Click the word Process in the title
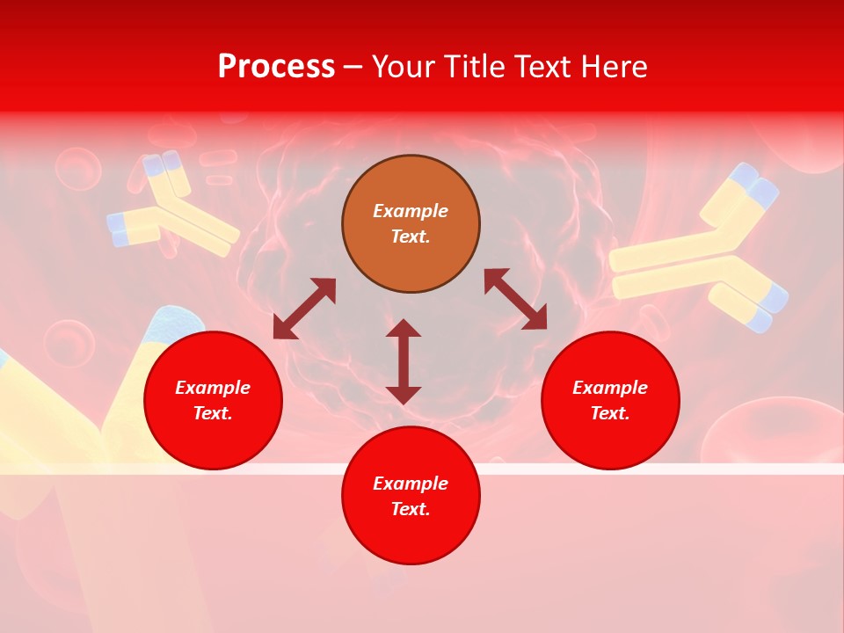(x=276, y=67)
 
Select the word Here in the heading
(x=615, y=67)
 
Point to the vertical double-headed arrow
(x=404, y=361)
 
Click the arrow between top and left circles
(x=304, y=309)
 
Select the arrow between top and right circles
(x=516, y=299)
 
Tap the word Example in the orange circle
(x=411, y=211)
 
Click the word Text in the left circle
(x=213, y=413)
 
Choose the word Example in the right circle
(x=610, y=388)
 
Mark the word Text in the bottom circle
(x=411, y=509)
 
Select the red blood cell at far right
(x=774, y=435)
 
